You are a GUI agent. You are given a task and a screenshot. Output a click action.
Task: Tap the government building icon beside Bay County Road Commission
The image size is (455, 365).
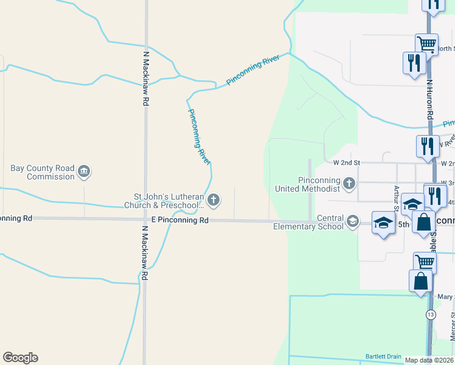(x=85, y=173)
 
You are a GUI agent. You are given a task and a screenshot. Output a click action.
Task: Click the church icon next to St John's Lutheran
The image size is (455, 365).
(x=214, y=200)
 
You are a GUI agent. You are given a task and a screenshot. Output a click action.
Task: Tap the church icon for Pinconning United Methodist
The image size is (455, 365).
(x=349, y=182)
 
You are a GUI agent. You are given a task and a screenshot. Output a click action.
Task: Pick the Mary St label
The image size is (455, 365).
(x=446, y=297)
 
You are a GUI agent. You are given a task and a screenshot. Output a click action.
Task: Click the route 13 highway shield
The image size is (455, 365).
(x=431, y=314)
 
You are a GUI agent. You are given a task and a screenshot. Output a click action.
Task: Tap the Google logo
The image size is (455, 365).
(x=20, y=358)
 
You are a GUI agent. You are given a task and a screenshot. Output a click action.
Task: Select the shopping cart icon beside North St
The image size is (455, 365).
(x=426, y=43)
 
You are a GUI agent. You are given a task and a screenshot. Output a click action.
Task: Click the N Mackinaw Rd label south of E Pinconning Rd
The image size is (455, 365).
(x=145, y=253)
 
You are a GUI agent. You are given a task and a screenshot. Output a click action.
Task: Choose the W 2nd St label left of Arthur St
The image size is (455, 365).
(x=347, y=163)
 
